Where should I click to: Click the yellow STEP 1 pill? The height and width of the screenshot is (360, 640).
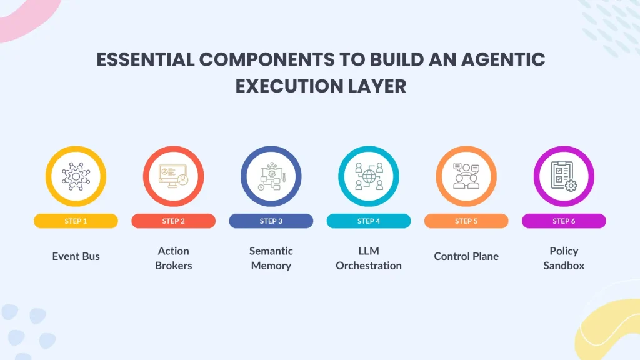(76, 221)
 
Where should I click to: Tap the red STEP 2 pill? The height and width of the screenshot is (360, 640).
(174, 221)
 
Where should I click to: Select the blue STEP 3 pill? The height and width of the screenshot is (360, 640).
(271, 221)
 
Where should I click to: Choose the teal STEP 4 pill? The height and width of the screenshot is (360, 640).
(369, 221)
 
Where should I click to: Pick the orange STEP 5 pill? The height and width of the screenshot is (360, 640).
(466, 221)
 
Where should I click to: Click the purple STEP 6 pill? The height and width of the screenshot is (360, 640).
(564, 221)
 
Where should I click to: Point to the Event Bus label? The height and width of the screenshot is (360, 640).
(76, 256)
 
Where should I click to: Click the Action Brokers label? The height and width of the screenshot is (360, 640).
(174, 258)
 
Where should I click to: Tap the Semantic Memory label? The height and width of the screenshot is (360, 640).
(271, 258)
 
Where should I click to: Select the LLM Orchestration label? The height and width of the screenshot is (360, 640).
(369, 258)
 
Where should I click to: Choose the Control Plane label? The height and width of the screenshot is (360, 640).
(466, 256)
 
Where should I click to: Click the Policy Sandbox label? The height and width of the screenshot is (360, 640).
(564, 258)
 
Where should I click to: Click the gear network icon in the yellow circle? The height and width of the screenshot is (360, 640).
(76, 176)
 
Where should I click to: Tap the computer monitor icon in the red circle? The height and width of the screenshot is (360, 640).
(174, 176)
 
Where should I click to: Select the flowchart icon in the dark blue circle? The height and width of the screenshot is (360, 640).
(271, 176)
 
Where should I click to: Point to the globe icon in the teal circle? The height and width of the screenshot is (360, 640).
(369, 176)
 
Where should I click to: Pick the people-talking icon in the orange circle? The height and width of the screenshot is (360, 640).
(466, 176)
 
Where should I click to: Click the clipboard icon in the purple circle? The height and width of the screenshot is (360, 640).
(564, 176)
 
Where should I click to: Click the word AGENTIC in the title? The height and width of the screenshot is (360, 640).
(503, 59)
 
